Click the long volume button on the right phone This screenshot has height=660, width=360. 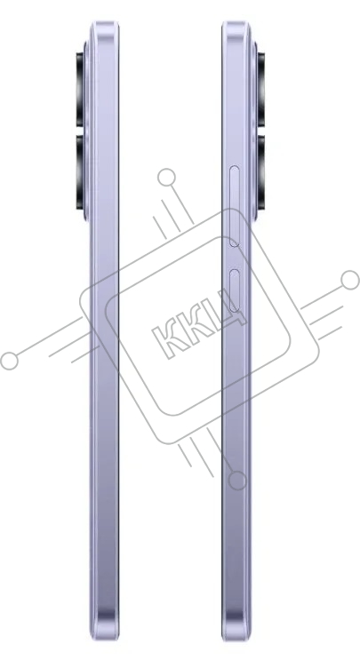coord(234,206)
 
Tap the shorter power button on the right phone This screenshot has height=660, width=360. coord(235,290)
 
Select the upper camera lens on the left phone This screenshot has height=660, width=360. coord(80,89)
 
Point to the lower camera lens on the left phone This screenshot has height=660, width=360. coord(80,171)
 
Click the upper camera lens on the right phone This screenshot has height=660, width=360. coord(261,89)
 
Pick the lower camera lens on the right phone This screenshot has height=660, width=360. coord(261,171)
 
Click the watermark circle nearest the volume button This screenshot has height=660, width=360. coord(167,177)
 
